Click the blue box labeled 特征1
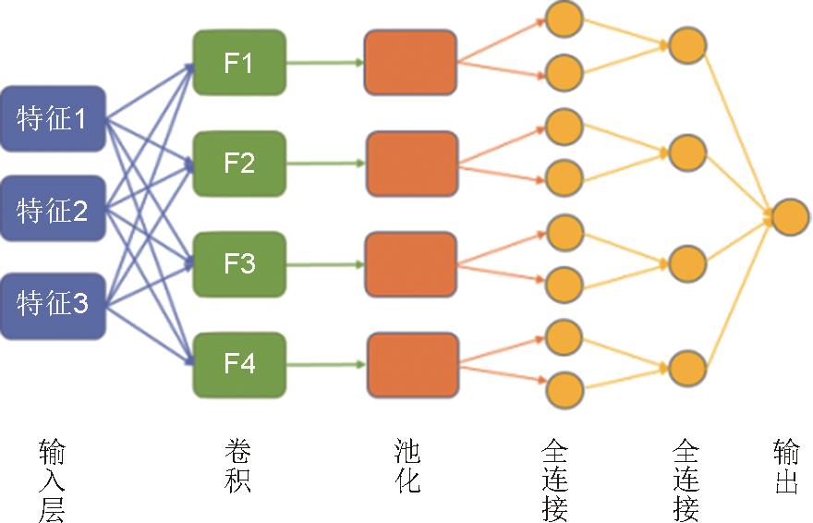coord(53,117)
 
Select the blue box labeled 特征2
coord(53,210)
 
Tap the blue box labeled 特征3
coord(53,302)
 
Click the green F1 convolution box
coord(239,63)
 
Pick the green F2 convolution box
coord(239,163)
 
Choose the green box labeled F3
coord(239,263)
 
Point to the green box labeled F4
coord(239,364)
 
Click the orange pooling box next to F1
coord(410,63)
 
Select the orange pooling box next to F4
coord(412,365)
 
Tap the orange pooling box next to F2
coord(411,164)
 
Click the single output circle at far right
coord(791,217)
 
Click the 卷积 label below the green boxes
coord(238,467)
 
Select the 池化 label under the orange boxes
coord(407,467)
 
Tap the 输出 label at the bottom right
coord(786,467)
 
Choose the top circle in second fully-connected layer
coord(687,44)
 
